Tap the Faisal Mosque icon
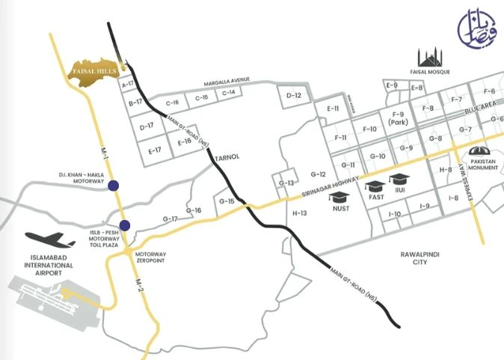pyautogui.click(x=429, y=58)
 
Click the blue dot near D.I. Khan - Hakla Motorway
pyautogui.click(x=113, y=186)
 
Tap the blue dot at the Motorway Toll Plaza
pyautogui.click(x=124, y=225)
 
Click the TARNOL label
pyautogui.click(x=224, y=158)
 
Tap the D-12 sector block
pyautogui.click(x=294, y=96)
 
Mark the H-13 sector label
pyautogui.click(x=301, y=213)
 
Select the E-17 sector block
pyautogui.click(x=155, y=150)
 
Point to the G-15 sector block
pyautogui.click(x=227, y=201)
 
